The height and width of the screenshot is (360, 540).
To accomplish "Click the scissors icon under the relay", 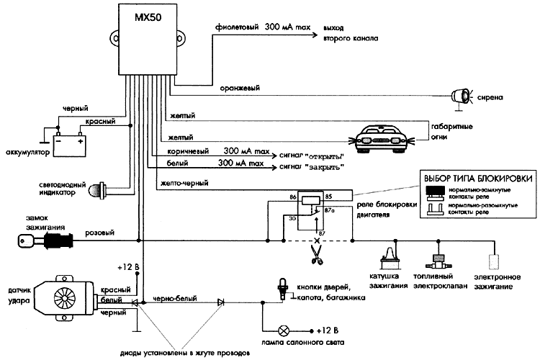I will click(314, 253).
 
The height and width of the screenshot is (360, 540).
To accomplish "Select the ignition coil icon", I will click(389, 256).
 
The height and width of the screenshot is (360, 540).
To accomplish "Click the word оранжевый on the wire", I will click(240, 88).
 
